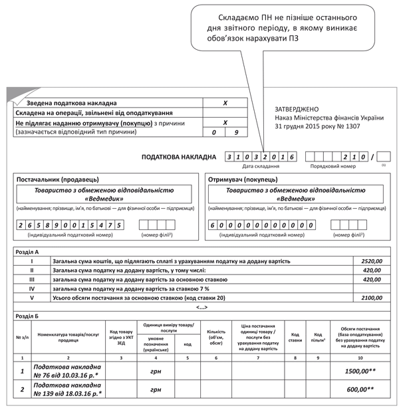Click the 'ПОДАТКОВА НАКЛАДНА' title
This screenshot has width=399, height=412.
point(178,157)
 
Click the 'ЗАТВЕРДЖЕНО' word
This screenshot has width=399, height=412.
point(297,109)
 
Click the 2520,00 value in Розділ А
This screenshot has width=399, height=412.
point(371,261)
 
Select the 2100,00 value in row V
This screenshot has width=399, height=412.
point(371,298)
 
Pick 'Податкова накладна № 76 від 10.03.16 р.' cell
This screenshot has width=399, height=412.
point(67,371)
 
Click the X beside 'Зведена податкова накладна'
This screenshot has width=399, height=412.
point(225,104)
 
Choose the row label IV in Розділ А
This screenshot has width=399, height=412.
point(31,289)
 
